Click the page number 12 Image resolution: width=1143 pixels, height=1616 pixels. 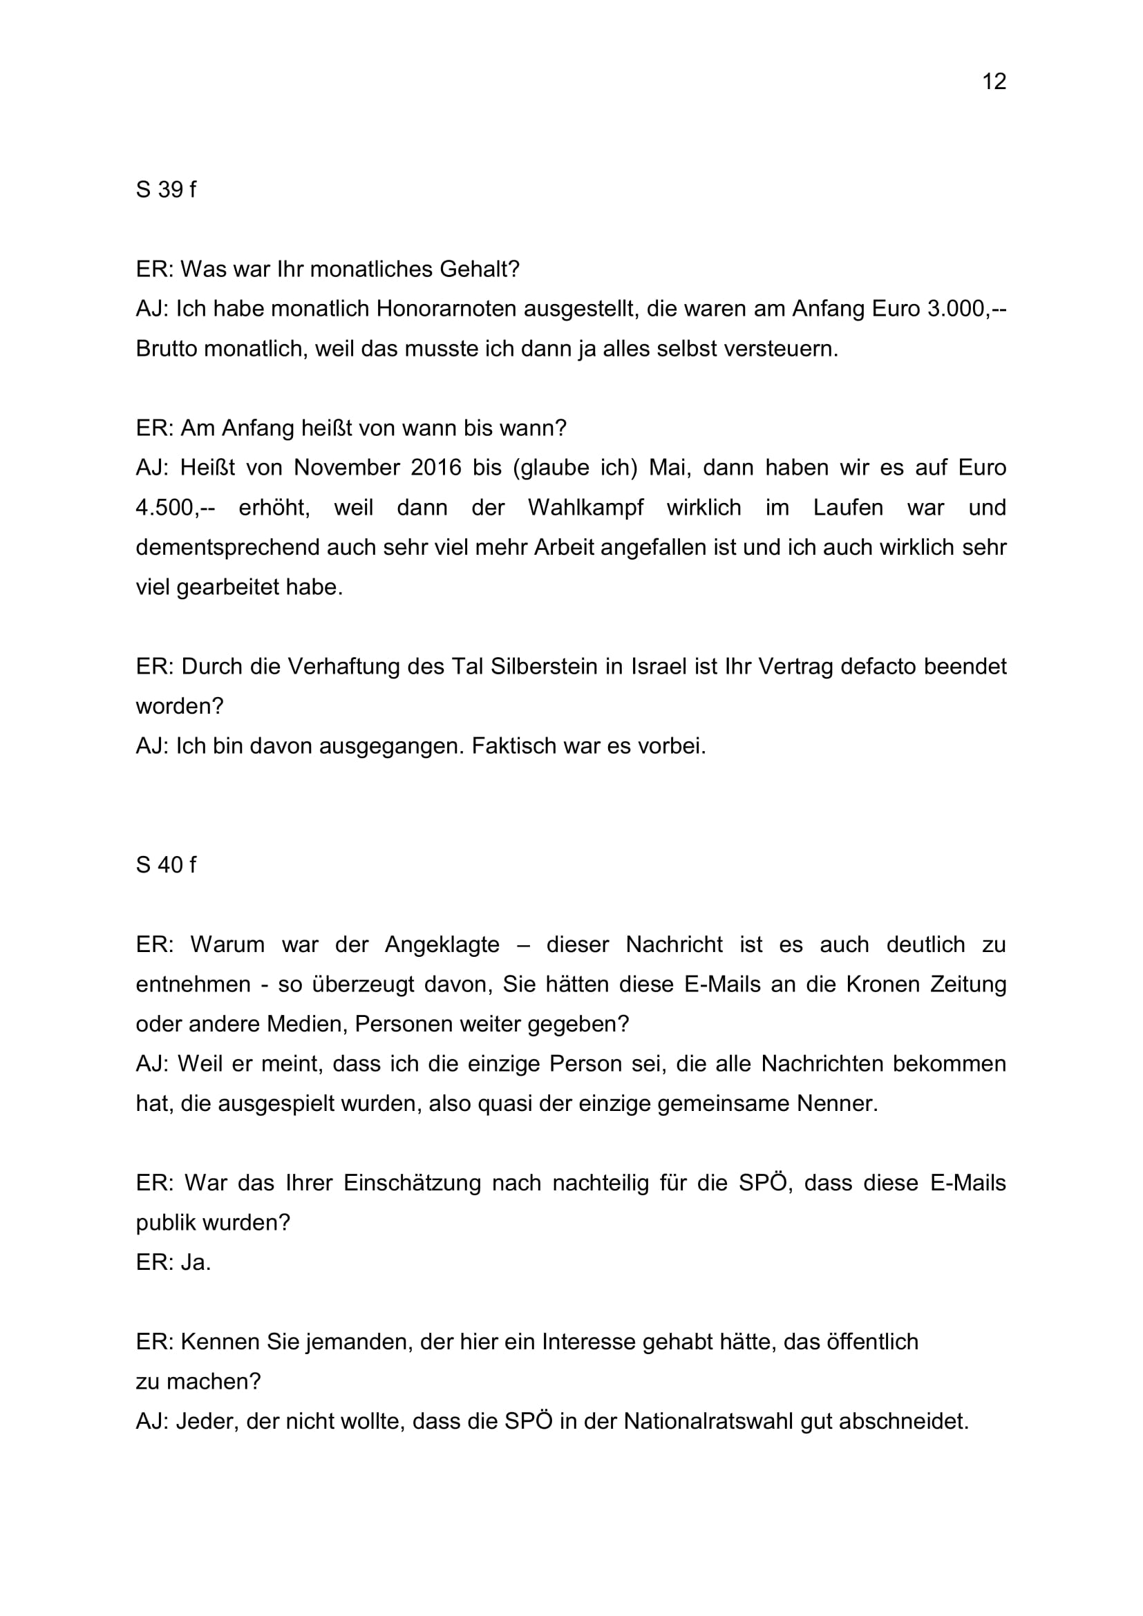[x=993, y=82]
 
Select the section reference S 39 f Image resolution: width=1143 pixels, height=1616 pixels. [x=165, y=189]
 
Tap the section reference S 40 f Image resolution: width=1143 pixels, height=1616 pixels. [x=165, y=864]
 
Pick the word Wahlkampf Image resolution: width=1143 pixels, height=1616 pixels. [x=585, y=508]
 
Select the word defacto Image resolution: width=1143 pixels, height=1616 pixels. [x=882, y=666]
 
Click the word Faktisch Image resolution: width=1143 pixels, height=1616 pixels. [x=513, y=745]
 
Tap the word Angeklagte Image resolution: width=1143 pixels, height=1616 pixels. [x=442, y=944]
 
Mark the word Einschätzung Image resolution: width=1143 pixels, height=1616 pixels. [x=412, y=1182]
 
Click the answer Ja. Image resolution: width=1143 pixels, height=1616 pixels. [x=196, y=1262]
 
